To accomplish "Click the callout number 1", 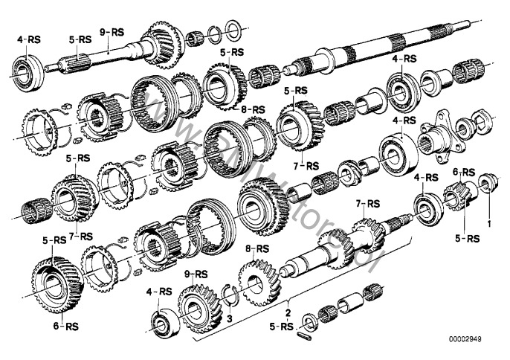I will (488, 222).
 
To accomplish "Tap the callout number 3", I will (230, 318).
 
